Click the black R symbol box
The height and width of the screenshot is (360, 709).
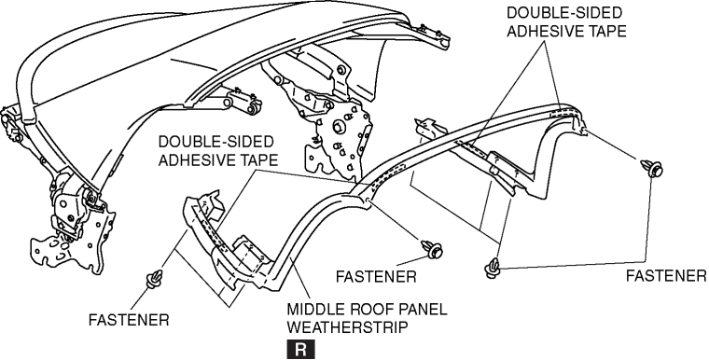(x=300, y=350)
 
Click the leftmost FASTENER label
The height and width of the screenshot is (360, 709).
(x=129, y=320)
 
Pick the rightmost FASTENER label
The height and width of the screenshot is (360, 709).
(x=666, y=276)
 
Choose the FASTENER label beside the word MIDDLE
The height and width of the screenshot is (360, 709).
(x=376, y=276)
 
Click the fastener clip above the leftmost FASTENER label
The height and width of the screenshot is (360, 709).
(x=154, y=280)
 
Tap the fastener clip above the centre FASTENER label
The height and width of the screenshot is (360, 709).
(x=432, y=249)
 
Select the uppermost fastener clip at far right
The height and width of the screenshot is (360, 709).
(x=651, y=168)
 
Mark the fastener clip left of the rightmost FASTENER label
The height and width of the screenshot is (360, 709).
(x=492, y=269)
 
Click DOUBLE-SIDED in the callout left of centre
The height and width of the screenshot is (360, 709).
(x=215, y=142)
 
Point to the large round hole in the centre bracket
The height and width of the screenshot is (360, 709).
(x=339, y=127)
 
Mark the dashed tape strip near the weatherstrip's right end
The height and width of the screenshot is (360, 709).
(x=562, y=113)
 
